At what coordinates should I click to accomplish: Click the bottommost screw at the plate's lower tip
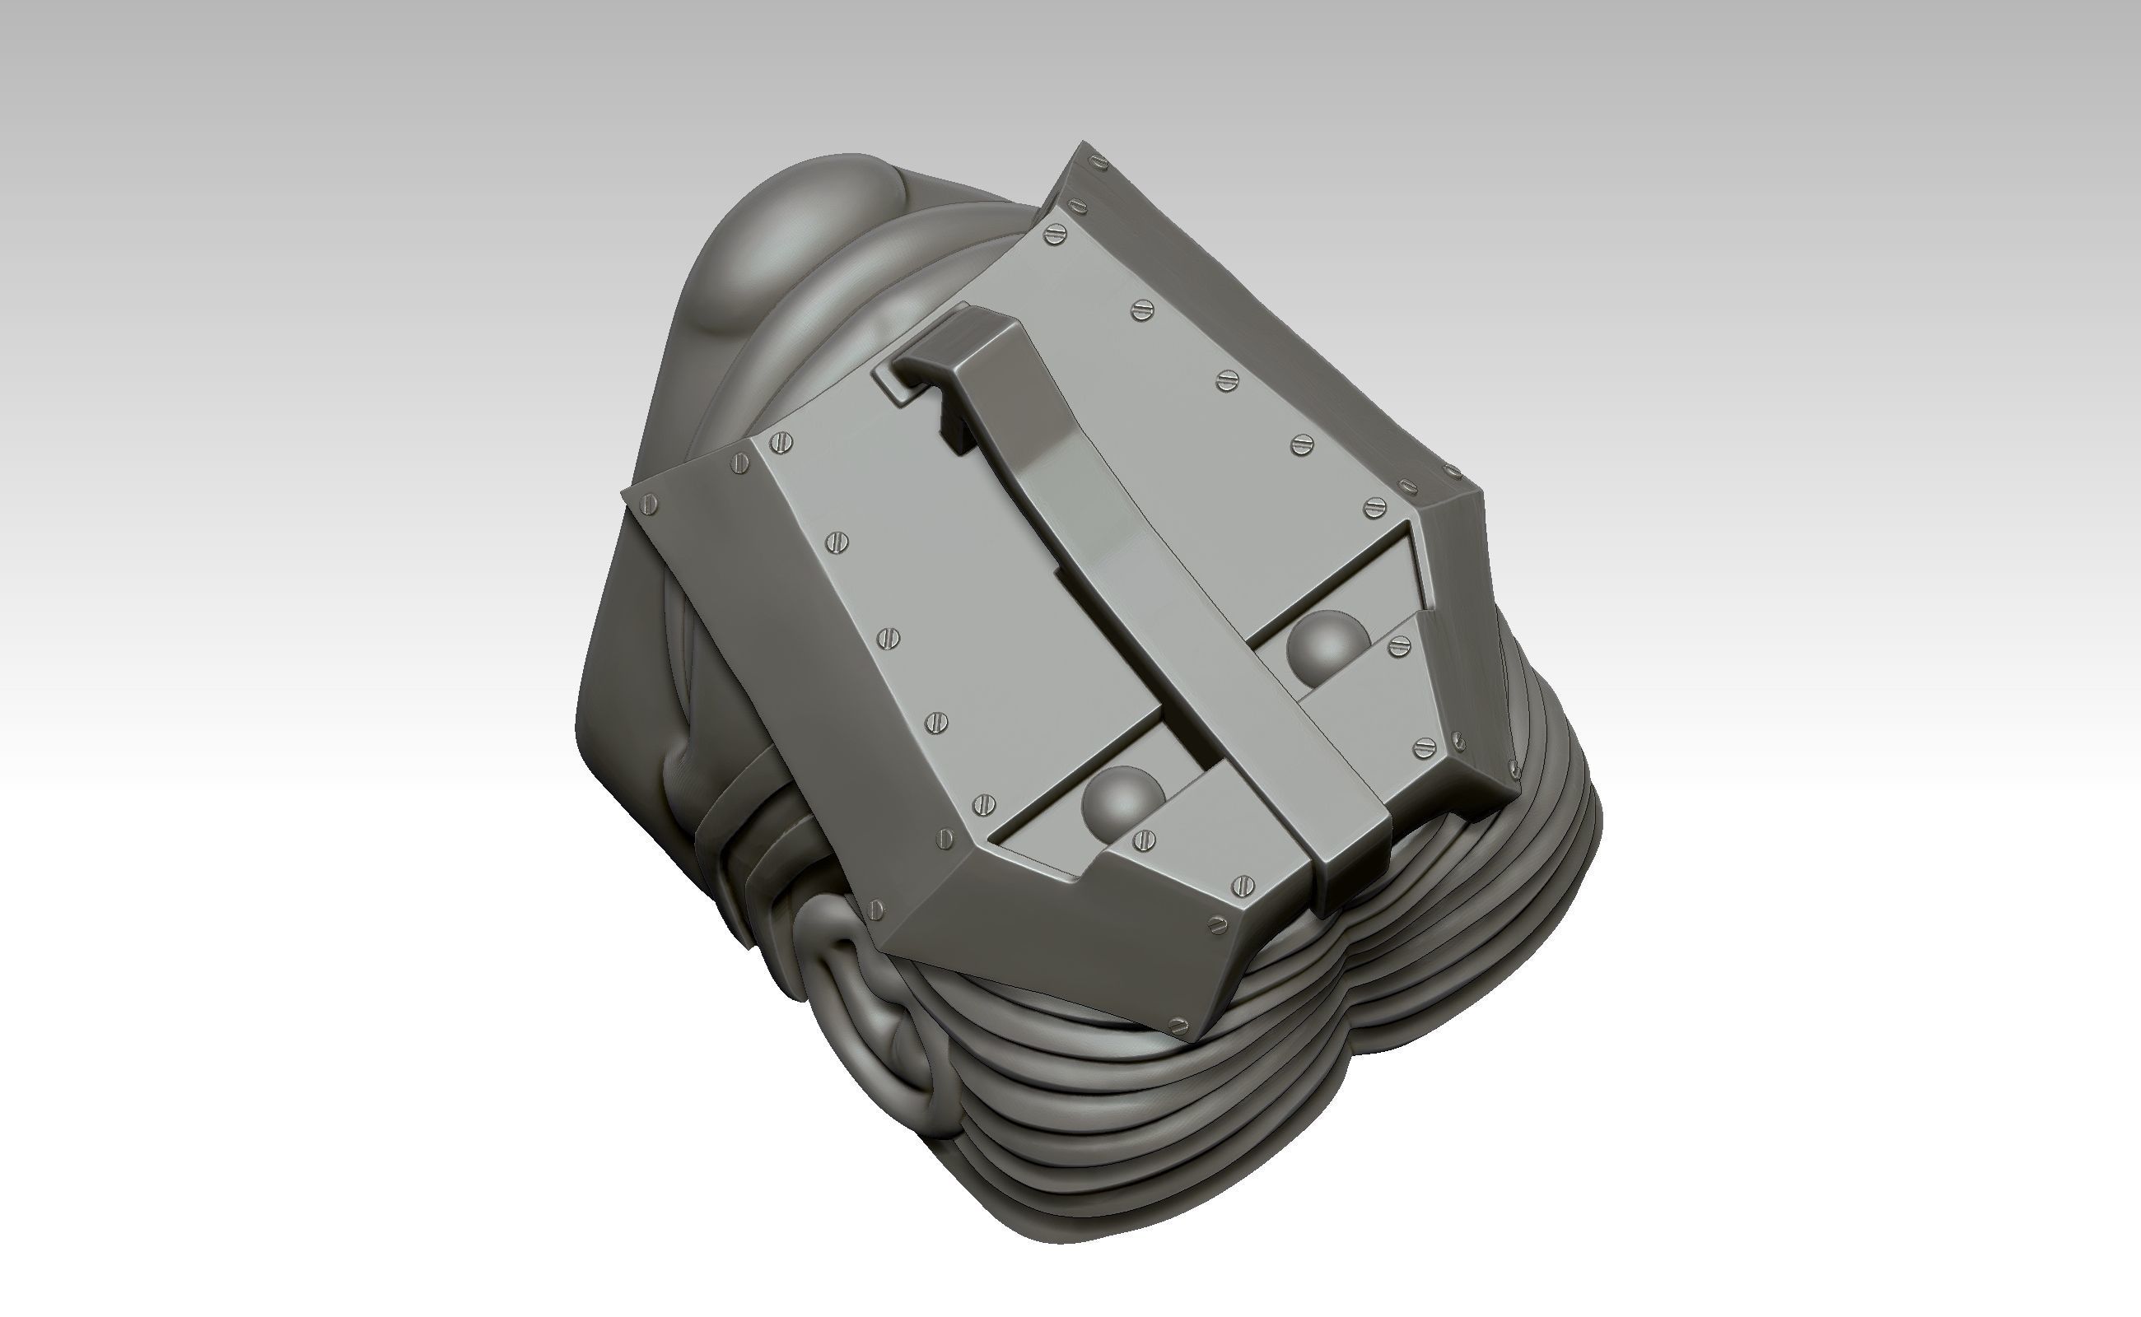click(1179, 1023)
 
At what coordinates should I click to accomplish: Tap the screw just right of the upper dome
click(1399, 645)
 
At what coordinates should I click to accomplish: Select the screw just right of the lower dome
click(1144, 840)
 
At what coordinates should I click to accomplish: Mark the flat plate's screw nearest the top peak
click(1057, 233)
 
